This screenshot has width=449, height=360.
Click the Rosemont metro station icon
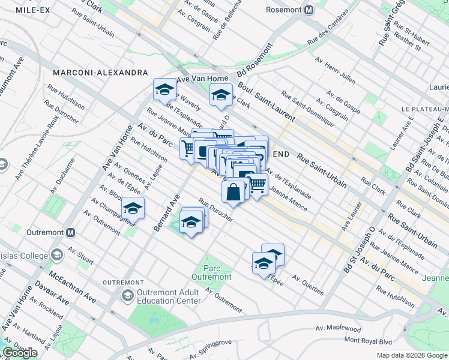pos(309,10)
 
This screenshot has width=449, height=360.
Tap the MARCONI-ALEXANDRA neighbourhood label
pos(100,73)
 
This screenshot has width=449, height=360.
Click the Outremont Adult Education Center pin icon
pos(127,295)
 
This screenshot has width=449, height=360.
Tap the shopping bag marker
pos(234,192)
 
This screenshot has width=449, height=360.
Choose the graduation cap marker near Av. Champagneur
pos(133,209)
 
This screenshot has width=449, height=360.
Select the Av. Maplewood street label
pos(339,329)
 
